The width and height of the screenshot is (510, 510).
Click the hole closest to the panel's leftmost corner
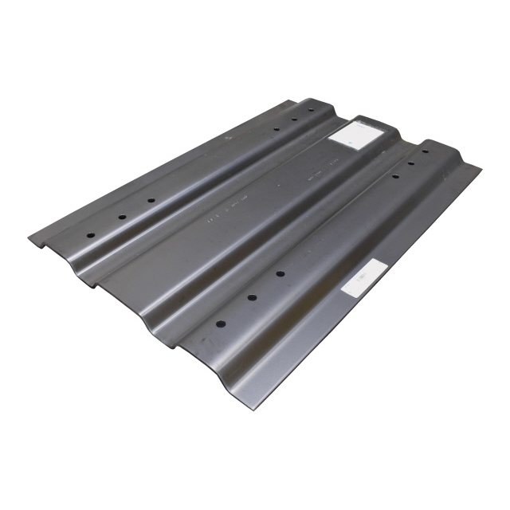click(90, 236)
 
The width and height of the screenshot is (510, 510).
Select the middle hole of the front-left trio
click(122, 217)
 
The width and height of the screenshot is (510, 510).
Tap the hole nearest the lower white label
click(280, 273)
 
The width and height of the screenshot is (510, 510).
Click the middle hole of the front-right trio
click(251, 297)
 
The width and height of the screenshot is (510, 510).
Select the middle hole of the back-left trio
click(294, 120)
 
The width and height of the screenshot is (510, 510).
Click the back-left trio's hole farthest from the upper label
click(276, 129)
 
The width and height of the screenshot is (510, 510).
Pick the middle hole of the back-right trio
click(412, 163)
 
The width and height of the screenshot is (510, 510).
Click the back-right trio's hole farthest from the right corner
click(394, 175)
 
